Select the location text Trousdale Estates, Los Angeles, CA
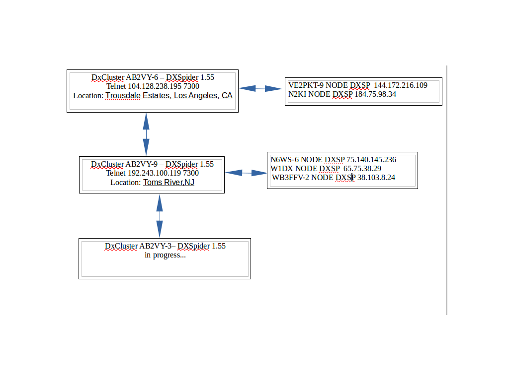point(169,96)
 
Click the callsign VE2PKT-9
point(306,85)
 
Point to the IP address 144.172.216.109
point(401,85)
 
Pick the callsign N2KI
point(297,94)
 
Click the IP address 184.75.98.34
point(375,94)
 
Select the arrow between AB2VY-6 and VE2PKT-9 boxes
point(261,89)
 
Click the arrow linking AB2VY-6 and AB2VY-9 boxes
point(146,134)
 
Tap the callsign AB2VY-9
point(143,164)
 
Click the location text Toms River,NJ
point(169,183)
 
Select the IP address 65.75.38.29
point(362,169)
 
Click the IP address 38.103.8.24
point(376,178)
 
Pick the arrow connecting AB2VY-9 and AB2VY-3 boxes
point(160,216)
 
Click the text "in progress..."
point(165,255)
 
